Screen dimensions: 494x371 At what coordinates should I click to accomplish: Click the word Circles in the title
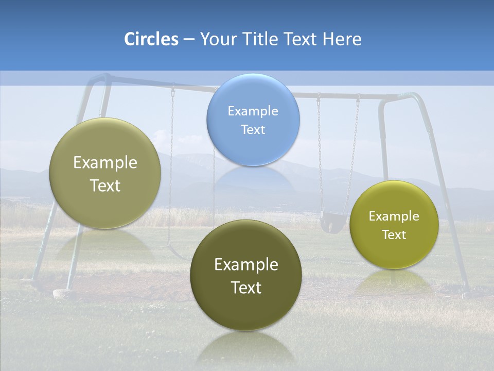[151, 39]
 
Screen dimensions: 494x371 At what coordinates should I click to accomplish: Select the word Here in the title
[342, 39]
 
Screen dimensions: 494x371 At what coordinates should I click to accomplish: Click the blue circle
[253, 120]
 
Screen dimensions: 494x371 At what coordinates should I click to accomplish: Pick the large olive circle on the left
[105, 173]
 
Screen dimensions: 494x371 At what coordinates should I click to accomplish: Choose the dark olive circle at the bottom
[246, 275]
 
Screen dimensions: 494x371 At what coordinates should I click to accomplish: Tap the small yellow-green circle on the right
[394, 225]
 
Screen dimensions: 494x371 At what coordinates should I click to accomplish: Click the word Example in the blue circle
[253, 111]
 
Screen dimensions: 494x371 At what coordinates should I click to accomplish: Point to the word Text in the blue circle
[253, 129]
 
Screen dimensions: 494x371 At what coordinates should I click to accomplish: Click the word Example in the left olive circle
[105, 163]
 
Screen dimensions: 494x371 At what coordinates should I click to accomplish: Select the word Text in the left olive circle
[105, 185]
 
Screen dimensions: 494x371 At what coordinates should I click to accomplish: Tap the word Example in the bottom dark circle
[246, 264]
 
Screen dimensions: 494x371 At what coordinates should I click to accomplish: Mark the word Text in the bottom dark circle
[246, 288]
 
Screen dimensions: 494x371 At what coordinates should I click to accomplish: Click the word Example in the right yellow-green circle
[394, 216]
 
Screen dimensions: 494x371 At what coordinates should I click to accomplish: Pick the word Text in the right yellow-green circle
[394, 235]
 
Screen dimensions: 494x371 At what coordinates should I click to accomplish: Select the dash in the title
[188, 40]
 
